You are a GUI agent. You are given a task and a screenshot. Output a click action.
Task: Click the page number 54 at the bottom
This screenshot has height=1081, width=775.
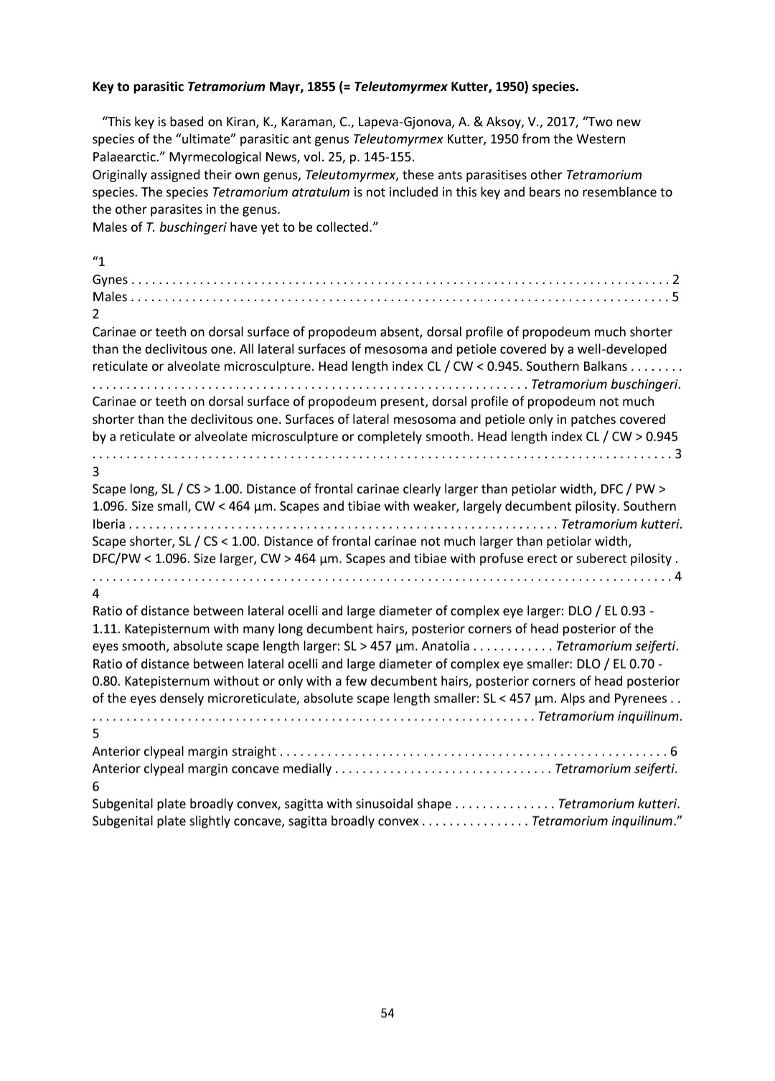[x=387, y=1013]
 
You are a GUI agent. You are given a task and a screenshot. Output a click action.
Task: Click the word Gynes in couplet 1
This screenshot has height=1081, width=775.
[x=110, y=280]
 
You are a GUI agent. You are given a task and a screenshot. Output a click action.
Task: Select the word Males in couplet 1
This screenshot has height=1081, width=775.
[x=109, y=297]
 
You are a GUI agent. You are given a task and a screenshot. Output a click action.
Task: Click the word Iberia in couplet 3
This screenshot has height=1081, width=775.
[x=108, y=524]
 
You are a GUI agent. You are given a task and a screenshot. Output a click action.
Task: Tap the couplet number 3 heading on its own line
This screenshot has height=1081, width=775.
[x=96, y=472]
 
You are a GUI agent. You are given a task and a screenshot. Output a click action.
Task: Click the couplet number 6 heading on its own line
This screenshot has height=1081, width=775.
[x=96, y=786]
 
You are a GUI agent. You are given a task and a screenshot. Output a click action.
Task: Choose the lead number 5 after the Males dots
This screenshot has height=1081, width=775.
[x=675, y=297]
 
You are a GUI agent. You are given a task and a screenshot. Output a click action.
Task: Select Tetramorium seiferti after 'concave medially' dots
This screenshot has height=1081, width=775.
[x=616, y=770]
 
